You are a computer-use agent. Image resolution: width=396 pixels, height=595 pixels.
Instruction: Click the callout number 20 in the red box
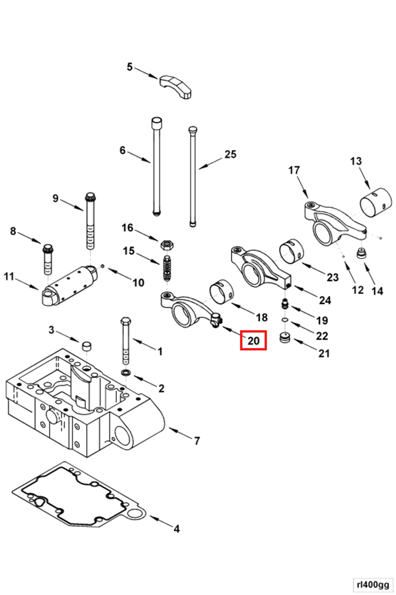253,341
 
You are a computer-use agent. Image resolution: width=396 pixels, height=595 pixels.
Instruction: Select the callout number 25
230,154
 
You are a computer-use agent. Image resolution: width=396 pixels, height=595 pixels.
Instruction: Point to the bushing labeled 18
222,292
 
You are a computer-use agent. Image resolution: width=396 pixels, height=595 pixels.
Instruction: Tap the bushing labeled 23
291,251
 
